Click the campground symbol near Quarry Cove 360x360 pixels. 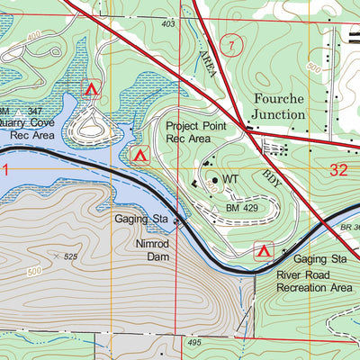click(89, 89)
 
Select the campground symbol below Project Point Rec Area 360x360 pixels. click(139, 156)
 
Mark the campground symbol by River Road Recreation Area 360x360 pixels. click(264, 250)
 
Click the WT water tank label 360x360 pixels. click(230, 180)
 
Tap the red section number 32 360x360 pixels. click(338, 168)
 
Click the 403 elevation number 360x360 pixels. click(168, 24)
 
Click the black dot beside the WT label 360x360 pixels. click(215, 180)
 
